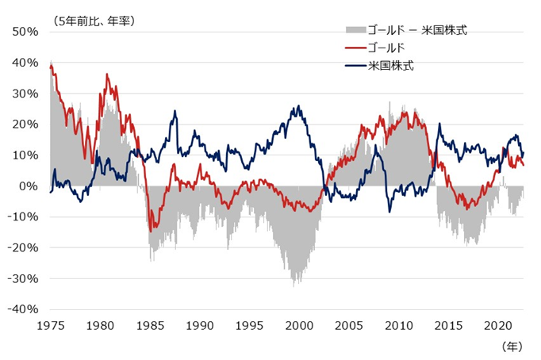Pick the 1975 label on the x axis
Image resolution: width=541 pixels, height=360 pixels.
coord(50,325)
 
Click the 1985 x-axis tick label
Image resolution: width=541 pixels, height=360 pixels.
coord(150,325)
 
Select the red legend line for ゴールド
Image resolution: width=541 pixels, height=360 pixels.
coord(355,48)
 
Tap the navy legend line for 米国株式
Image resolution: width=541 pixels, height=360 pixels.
coord(355,65)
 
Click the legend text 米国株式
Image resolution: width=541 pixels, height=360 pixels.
coord(392,65)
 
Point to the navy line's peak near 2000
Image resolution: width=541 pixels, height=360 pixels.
coord(297,106)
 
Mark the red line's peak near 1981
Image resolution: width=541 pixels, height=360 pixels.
coord(107,75)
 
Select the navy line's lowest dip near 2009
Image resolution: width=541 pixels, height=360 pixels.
coord(389,211)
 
